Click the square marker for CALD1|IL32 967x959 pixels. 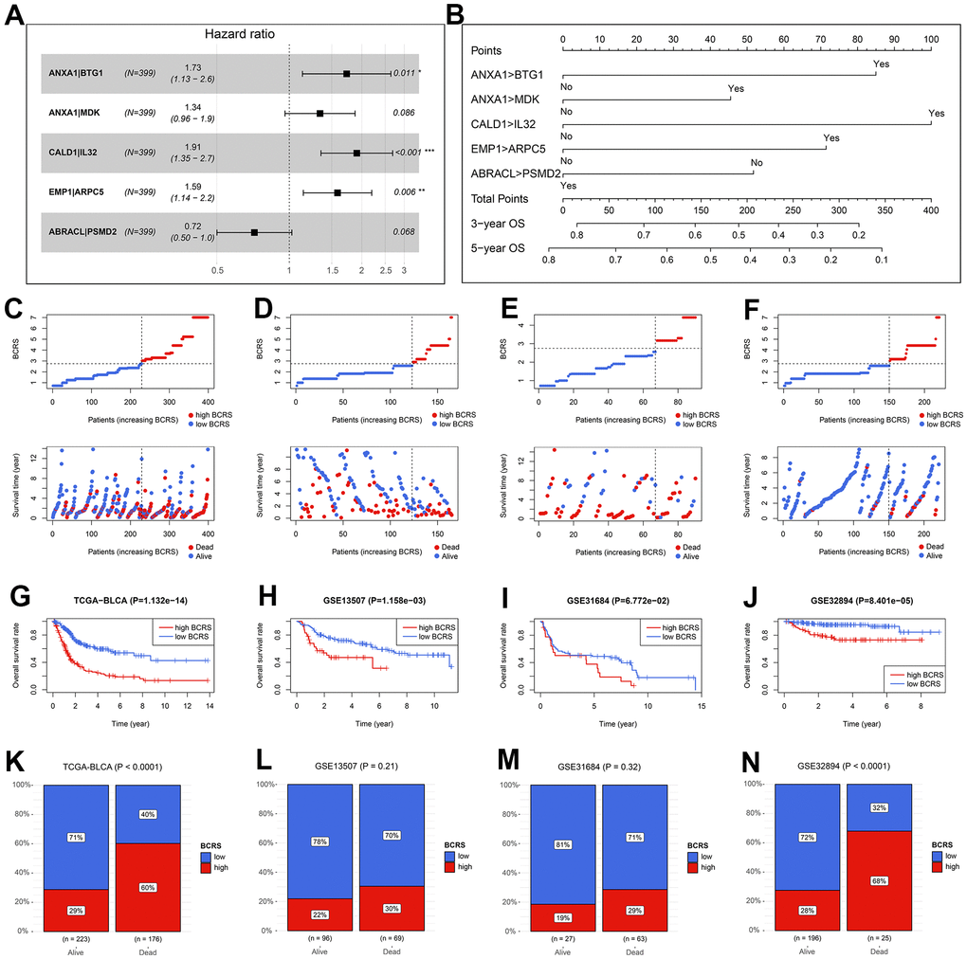point(356,153)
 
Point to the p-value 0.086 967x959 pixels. point(406,114)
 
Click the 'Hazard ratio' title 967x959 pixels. point(240,34)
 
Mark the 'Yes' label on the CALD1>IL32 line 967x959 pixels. point(937,114)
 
